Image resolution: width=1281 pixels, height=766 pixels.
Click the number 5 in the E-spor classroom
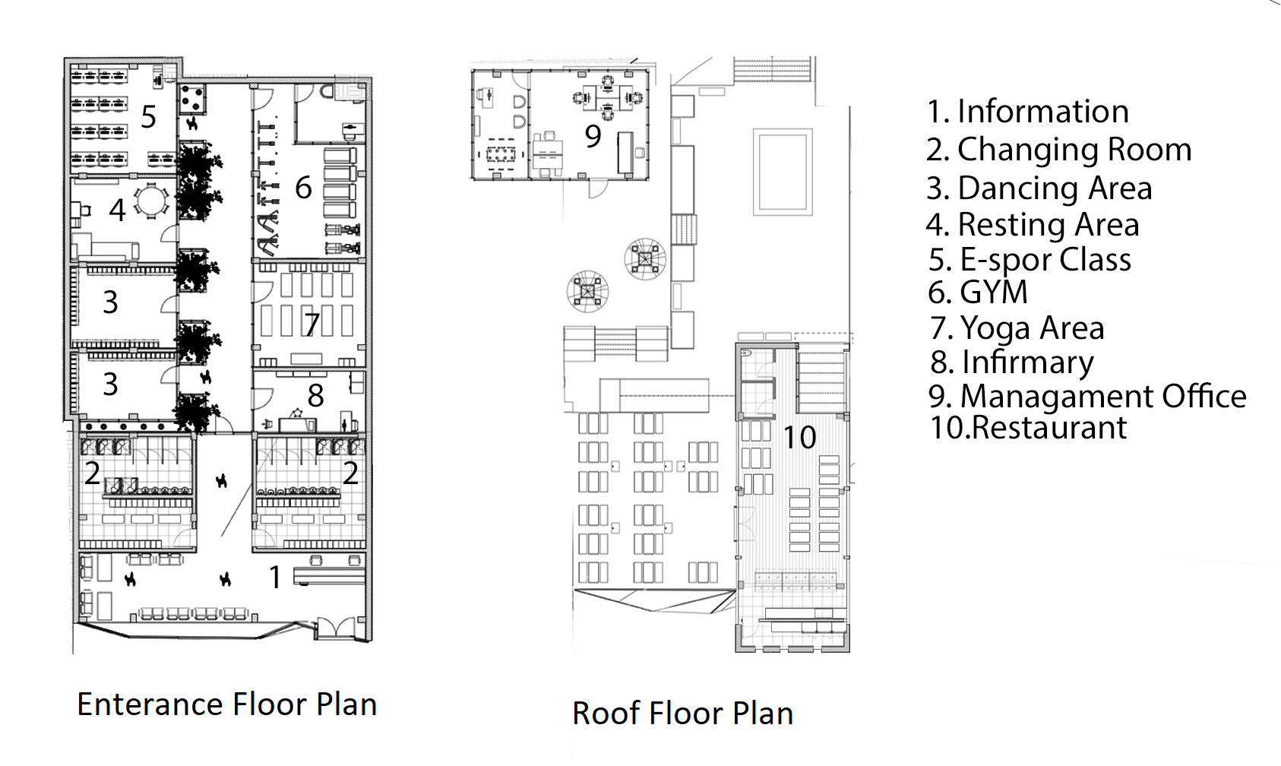149,117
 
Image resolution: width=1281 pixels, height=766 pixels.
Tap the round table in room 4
151,201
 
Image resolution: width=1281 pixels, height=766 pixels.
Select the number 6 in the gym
304,188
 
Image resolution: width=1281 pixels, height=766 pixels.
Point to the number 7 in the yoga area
312,325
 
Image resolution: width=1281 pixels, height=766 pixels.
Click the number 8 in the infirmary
315,395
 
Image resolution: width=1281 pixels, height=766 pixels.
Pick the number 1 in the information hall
276,578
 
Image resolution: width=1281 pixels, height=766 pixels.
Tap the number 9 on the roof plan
593,136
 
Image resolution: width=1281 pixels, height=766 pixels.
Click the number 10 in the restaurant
799,437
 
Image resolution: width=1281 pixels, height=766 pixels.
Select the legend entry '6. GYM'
978,292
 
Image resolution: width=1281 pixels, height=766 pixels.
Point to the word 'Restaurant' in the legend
1049,427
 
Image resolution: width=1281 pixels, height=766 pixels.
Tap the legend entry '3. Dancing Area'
1039,188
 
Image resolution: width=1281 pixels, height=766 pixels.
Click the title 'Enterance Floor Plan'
227,704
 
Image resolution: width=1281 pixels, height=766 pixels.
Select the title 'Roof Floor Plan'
683,714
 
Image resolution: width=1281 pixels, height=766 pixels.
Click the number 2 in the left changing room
93,473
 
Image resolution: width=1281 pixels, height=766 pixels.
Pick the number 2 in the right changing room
350,473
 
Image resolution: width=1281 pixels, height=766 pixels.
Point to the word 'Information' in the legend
1043,111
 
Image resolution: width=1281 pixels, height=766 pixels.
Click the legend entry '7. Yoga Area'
1017,328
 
